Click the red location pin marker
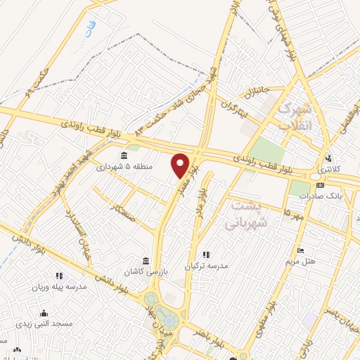pyautogui.click(x=181, y=166)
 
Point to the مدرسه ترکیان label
pyautogui.click(x=207, y=266)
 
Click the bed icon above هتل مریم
pyautogui.click(x=301, y=251)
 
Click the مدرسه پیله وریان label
pyautogui.click(x=58, y=287)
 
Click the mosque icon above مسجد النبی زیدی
pyautogui.click(x=44, y=313)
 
